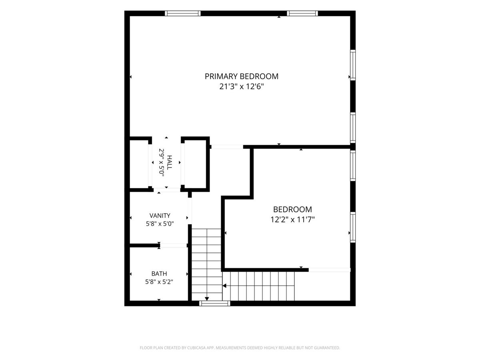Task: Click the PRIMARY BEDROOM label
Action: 242,76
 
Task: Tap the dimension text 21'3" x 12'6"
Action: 242,87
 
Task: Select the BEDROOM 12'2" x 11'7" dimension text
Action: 292,219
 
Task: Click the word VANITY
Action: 160,216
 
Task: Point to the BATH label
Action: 159,274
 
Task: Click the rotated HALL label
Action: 169,162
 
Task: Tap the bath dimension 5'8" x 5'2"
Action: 159,282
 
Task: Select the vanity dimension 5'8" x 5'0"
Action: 160,224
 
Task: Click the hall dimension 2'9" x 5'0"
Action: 161,162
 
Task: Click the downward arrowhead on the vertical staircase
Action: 207,299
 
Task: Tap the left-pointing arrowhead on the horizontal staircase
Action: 224,286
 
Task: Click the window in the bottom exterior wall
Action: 214,303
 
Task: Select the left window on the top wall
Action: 182,13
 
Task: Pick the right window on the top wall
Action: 302,13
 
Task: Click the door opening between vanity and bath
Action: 174,246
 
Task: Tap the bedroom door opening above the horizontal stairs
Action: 329,270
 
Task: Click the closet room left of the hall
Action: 139,164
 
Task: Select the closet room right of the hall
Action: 195,164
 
